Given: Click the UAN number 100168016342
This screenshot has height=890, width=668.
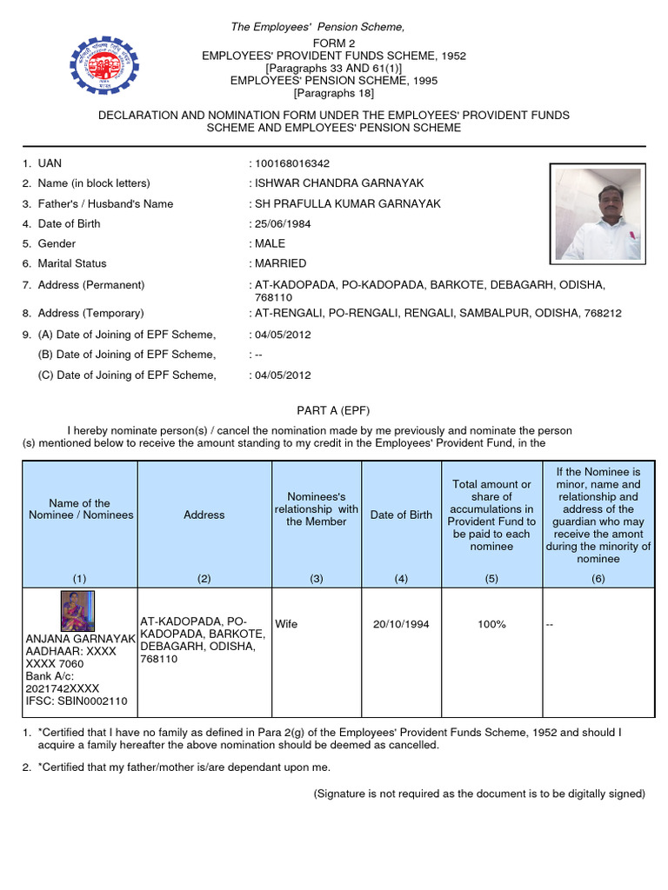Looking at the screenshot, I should (x=291, y=163).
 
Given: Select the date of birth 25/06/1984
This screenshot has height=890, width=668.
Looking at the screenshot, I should (x=283, y=223).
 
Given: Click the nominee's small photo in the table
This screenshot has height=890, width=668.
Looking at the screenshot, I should (x=77, y=611).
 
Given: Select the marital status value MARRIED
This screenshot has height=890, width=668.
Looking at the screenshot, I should (x=280, y=263).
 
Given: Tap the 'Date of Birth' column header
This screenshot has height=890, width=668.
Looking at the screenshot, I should (x=401, y=515).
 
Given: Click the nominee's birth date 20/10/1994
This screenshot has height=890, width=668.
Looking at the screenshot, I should (x=401, y=624).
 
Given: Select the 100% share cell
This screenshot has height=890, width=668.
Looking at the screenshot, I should (x=491, y=624).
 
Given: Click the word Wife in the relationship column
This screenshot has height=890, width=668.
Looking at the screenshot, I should (x=286, y=624).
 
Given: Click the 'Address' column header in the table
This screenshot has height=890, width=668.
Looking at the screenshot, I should (x=204, y=515).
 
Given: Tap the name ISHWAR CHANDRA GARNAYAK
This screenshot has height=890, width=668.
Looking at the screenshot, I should (x=338, y=183).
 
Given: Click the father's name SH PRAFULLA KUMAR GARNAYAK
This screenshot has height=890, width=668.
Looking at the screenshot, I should (x=347, y=203).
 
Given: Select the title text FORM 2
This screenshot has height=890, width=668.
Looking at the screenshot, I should (x=334, y=43).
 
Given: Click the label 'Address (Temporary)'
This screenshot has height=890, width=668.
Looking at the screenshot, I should (x=90, y=313).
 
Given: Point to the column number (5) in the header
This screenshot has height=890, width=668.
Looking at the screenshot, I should (x=491, y=578).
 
